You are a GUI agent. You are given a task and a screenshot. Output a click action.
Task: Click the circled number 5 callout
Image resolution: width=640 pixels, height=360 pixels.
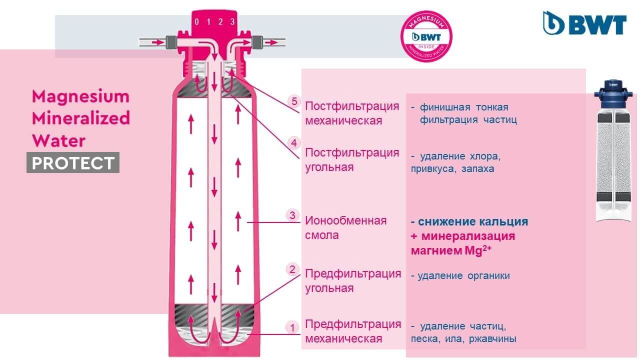(x=294, y=101)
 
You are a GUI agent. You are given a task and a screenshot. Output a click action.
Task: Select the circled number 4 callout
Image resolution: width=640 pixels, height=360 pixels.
(x=294, y=143)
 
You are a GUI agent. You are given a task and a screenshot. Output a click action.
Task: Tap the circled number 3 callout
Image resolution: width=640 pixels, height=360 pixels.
(x=292, y=215)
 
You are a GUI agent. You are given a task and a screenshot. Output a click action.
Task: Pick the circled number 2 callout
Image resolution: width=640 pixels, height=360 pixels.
(x=292, y=269)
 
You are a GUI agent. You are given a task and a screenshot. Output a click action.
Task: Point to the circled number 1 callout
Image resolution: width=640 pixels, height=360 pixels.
(x=291, y=328)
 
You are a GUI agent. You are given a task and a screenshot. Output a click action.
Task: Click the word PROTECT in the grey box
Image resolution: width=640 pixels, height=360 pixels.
(x=73, y=163)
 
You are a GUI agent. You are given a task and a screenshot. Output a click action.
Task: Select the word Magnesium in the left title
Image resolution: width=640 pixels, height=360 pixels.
(x=80, y=96)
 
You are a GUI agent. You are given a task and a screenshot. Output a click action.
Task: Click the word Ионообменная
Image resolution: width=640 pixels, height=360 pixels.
(x=345, y=220)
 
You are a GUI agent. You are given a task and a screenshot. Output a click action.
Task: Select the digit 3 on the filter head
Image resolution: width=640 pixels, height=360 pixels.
(x=232, y=22)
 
